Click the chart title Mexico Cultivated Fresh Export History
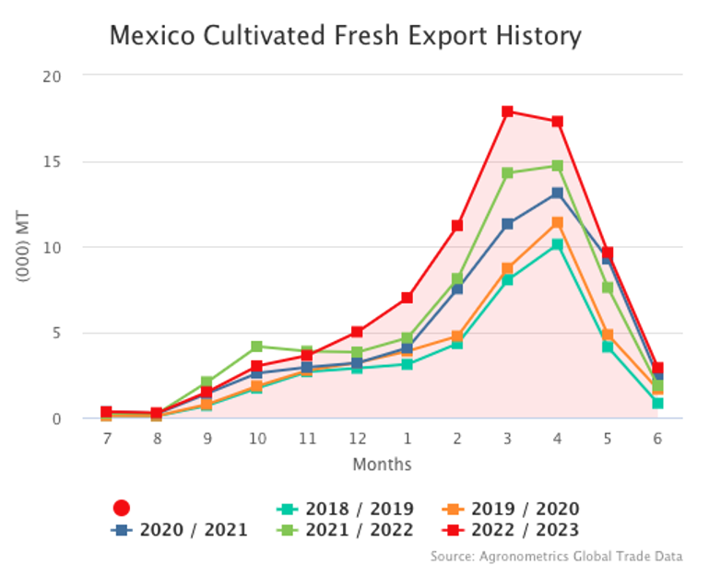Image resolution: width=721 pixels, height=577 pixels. [x=346, y=36]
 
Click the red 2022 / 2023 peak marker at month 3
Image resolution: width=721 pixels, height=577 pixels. [x=508, y=112]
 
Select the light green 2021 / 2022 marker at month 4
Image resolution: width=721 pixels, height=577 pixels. [x=558, y=166]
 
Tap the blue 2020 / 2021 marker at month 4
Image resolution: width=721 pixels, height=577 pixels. [x=558, y=193]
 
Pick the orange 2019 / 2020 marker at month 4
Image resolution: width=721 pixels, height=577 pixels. [x=558, y=222]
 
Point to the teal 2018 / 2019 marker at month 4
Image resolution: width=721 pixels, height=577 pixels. [x=558, y=245]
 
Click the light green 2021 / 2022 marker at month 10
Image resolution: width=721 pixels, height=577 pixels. [x=258, y=347]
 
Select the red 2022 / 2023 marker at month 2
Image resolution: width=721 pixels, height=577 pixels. [x=457, y=225]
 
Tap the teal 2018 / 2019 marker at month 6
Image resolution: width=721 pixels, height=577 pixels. [x=657, y=403]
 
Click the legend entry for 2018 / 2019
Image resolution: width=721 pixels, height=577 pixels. [x=346, y=508]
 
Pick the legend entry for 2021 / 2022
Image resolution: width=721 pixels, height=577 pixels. [x=346, y=529]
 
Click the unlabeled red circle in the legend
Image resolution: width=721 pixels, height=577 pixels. [x=122, y=508]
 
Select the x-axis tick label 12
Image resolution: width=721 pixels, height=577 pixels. [x=358, y=440]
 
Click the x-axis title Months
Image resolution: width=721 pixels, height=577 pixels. [x=382, y=464]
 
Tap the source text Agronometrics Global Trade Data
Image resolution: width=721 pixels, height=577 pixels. [x=557, y=556]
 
